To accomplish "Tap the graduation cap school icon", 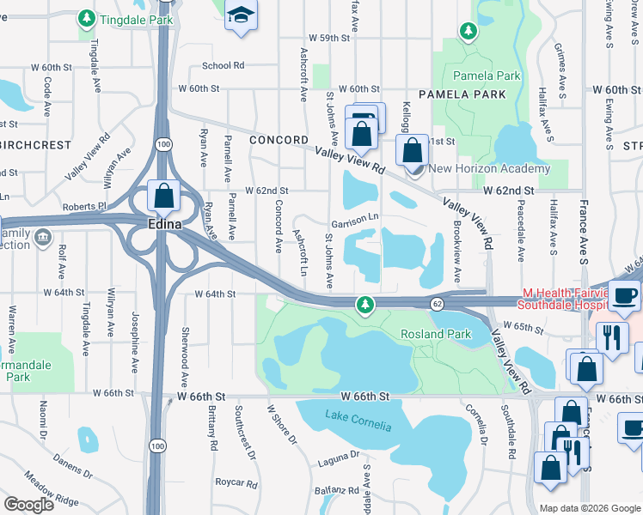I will coord(242,15).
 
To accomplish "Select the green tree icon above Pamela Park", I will coord(468,32).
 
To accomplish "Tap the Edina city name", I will coord(161,224).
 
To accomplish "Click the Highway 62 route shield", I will coord(437,304).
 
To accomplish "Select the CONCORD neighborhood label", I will coord(279,140).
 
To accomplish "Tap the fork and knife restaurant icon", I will coord(613,336).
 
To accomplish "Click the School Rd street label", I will coord(223,65).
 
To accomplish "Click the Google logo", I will coord(29,505).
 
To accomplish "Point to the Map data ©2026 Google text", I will coord(588,508).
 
